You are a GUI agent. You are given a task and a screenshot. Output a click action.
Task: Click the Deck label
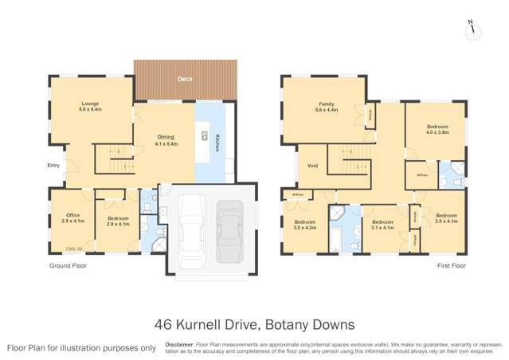185,79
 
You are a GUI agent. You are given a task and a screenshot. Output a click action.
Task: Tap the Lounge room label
88,107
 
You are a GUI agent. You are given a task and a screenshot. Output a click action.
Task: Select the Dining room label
166,140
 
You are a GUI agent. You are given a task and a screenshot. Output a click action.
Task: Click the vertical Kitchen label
216,143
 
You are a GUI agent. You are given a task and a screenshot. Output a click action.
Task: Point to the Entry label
53,166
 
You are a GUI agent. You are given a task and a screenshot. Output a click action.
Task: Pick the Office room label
72,218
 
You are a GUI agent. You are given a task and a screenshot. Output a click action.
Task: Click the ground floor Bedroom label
117,218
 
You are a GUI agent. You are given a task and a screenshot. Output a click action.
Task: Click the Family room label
327,108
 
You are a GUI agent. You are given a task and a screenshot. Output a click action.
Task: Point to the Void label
312,166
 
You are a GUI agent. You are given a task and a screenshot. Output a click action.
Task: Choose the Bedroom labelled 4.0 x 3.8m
437,129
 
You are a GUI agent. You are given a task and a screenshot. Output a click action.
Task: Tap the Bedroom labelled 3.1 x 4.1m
383,225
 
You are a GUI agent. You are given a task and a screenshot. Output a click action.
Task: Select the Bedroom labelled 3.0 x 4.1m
446,218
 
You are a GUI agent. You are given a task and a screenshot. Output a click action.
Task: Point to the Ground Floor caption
63,266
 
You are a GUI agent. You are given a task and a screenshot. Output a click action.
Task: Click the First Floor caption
452,266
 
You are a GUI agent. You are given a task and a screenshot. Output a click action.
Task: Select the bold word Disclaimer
178,344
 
